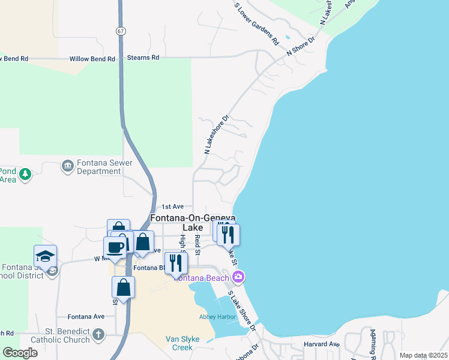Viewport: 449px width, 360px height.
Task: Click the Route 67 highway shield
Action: point(121,30)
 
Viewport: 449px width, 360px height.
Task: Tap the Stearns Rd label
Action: point(143,58)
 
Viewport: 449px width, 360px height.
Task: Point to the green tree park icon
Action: point(25,175)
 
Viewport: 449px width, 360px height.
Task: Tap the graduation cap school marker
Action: point(46,256)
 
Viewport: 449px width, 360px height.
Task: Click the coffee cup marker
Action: point(115,247)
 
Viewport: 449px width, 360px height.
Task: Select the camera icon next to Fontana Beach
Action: point(239,277)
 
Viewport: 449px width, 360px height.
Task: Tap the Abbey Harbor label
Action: point(218,317)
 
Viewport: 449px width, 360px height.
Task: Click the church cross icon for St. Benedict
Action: point(98,334)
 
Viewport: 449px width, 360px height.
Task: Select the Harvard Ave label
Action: point(322,344)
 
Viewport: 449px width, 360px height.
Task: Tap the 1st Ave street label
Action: point(172,206)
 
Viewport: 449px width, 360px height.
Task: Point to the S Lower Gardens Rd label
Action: point(257,24)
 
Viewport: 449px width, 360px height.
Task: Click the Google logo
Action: point(20,353)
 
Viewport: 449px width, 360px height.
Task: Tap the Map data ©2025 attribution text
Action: point(423,355)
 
